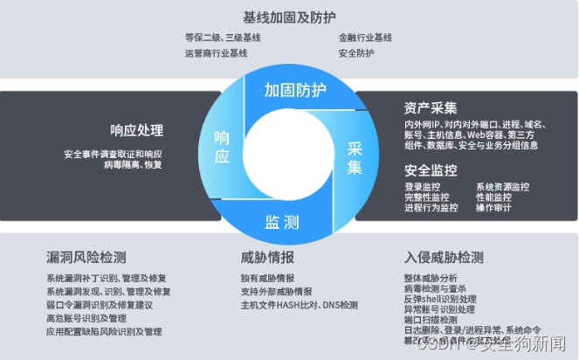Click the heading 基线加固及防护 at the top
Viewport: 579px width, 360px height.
(x=288, y=17)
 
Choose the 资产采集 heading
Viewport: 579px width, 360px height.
(x=431, y=108)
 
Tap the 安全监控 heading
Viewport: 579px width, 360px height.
(x=431, y=170)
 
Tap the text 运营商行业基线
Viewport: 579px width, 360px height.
(x=217, y=53)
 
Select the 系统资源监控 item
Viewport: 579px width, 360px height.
(x=503, y=187)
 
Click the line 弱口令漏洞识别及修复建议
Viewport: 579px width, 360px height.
(x=100, y=305)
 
